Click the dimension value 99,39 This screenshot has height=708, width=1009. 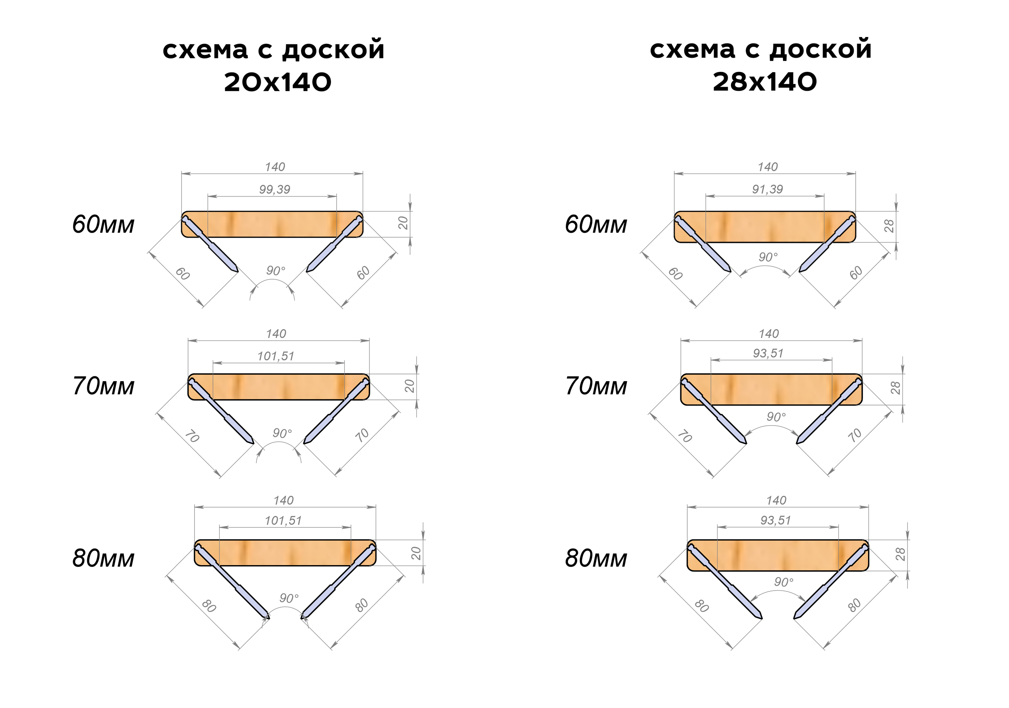[x=275, y=189]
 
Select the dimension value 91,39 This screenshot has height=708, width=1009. [x=767, y=189]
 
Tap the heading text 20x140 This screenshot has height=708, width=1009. [x=277, y=82]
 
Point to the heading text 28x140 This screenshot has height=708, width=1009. [x=765, y=82]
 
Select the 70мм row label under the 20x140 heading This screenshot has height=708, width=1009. [x=103, y=386]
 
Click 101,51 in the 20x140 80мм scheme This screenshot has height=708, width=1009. [x=283, y=521]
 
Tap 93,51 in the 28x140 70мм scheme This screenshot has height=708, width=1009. [x=768, y=353]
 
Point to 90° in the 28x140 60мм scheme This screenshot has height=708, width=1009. [x=768, y=257]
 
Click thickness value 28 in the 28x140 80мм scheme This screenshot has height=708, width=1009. [x=900, y=554]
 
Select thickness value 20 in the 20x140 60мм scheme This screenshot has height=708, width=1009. [x=403, y=223]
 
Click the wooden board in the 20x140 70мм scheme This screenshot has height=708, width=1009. [x=278, y=387]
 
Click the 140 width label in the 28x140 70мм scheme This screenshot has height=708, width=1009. [x=768, y=334]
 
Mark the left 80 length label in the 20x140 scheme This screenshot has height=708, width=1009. [x=209, y=606]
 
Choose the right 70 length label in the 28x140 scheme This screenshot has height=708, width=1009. [x=855, y=436]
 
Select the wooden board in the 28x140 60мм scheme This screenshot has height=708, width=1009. [x=765, y=227]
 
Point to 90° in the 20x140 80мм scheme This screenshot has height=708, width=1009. [x=289, y=598]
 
